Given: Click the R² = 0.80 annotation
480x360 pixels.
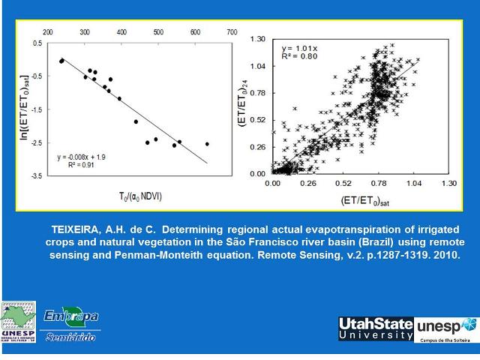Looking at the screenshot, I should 295,56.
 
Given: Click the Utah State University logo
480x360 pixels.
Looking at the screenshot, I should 376,328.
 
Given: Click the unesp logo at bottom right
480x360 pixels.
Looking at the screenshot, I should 445,328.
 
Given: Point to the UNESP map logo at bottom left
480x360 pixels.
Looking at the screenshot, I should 19,322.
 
